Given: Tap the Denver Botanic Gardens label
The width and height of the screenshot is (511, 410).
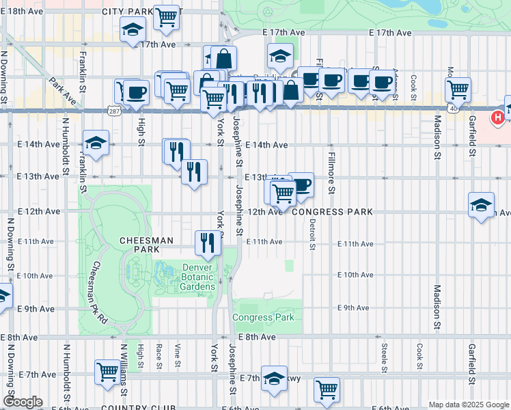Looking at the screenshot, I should click(x=199, y=277).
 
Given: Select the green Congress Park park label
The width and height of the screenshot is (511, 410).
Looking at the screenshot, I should click(x=262, y=317).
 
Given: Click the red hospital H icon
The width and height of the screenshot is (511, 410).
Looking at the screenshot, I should click(x=498, y=118).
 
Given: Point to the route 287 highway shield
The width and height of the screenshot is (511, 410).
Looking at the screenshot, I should click(x=114, y=109).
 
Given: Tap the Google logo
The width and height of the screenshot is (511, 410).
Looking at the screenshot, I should click(x=23, y=402).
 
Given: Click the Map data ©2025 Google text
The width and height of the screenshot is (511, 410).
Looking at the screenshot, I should click(x=468, y=405).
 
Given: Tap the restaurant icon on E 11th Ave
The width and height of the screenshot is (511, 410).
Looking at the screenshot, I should click(x=207, y=241).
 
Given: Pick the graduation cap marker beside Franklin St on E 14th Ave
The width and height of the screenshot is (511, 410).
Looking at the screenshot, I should click(x=96, y=143).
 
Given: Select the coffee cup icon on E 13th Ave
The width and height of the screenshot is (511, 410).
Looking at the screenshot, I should click(x=301, y=184).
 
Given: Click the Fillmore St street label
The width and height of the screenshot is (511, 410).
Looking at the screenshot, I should click(x=330, y=168).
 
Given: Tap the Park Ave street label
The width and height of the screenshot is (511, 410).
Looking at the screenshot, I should click(x=62, y=91).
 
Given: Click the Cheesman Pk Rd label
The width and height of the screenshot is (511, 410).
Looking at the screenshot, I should click(x=99, y=292).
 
